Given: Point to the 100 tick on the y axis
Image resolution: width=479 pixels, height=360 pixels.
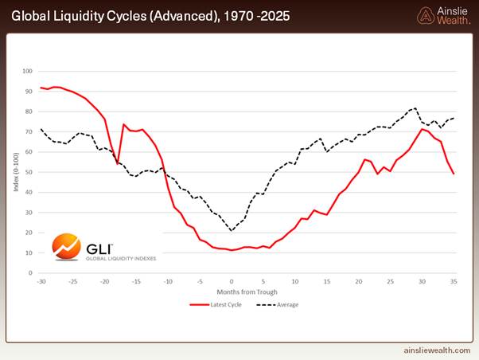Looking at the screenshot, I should pyautogui.click(x=29, y=71).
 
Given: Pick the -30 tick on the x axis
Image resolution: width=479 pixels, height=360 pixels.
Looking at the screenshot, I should pyautogui.click(x=41, y=281).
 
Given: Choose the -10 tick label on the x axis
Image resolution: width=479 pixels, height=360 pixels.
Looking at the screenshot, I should pyautogui.click(x=168, y=281).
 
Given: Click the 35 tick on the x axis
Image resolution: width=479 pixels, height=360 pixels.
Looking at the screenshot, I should pyautogui.click(x=454, y=281).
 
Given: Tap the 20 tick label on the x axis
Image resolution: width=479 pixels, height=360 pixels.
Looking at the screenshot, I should pyautogui.click(x=359, y=281).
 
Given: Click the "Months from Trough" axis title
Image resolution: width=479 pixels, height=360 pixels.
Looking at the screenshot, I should pyautogui.click(x=247, y=292).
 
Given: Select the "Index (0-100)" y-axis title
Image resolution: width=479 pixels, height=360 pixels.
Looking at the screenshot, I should pyautogui.click(x=16, y=172).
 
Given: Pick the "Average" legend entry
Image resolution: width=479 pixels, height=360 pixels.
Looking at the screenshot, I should pyautogui.click(x=282, y=304).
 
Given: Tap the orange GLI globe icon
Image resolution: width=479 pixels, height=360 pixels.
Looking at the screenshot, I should pyautogui.click(x=65, y=247).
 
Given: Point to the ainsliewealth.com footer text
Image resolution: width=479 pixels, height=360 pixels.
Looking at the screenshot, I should pyautogui.click(x=430, y=350).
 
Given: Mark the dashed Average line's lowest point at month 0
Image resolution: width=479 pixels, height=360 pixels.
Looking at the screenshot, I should pyautogui.click(x=232, y=231).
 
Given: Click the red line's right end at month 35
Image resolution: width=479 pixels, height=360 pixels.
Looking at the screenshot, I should pyautogui.click(x=454, y=174).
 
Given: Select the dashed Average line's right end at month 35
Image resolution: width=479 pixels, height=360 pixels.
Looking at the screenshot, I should pyautogui.click(x=454, y=119).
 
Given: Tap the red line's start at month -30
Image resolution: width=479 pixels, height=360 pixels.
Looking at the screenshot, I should pyautogui.click(x=41, y=88).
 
